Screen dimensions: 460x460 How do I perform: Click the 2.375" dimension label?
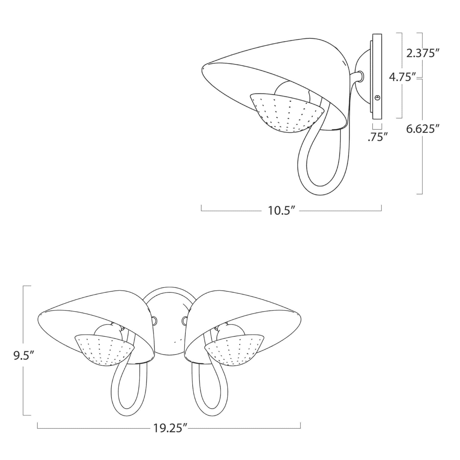421,54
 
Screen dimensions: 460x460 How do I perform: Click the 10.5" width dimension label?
280,211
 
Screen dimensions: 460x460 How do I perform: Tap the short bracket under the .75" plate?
377,126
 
